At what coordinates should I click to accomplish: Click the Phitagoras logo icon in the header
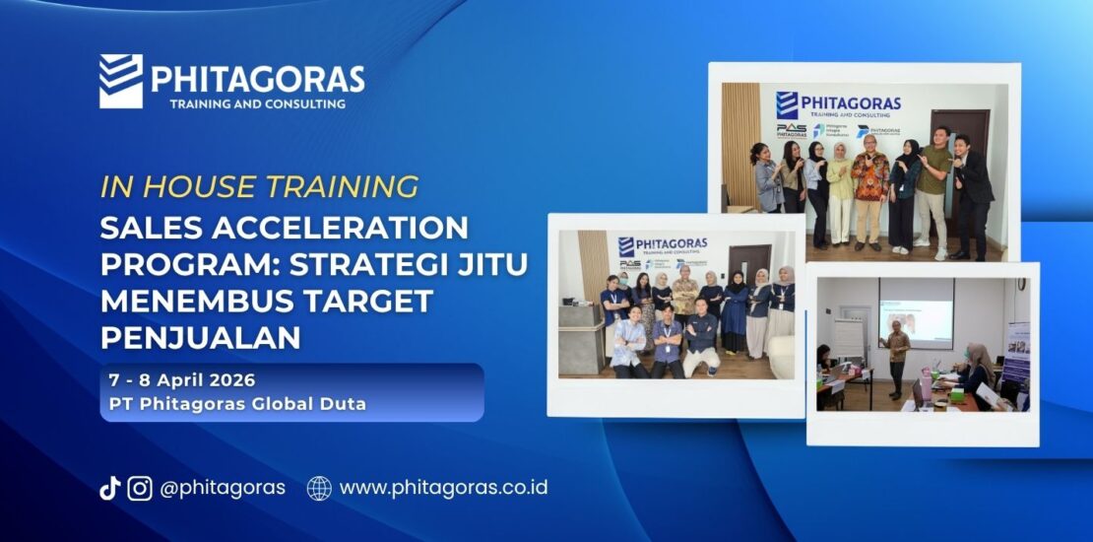[x=121, y=81]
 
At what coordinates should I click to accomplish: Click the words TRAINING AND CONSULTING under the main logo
[x=257, y=103]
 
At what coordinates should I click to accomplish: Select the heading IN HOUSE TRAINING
[x=259, y=186]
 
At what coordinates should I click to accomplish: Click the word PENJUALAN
[x=200, y=337]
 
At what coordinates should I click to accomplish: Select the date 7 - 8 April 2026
[x=182, y=380]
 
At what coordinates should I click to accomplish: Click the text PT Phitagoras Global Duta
[x=237, y=404]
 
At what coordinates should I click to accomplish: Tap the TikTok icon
[x=109, y=488]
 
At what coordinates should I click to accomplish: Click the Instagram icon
[x=140, y=488]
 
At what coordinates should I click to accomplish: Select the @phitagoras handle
[x=223, y=488]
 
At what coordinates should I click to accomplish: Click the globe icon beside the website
[x=319, y=488]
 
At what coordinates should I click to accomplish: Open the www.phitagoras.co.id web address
[x=443, y=488]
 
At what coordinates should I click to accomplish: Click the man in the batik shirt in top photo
[x=870, y=187]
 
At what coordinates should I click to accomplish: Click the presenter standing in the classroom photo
[x=896, y=355]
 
